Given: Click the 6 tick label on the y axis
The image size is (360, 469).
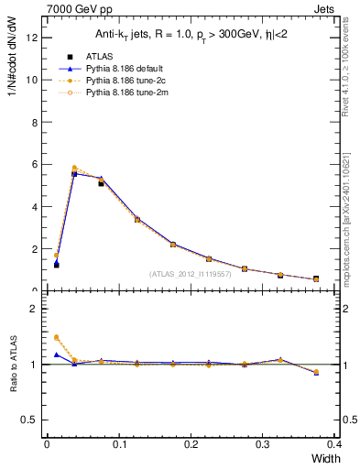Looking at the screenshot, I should pyautogui.click(x=36, y=164).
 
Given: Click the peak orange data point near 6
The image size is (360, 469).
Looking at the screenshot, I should pyautogui.click(x=74, y=168).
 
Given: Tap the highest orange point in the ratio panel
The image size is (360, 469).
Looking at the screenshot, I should pyautogui.click(x=57, y=337).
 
